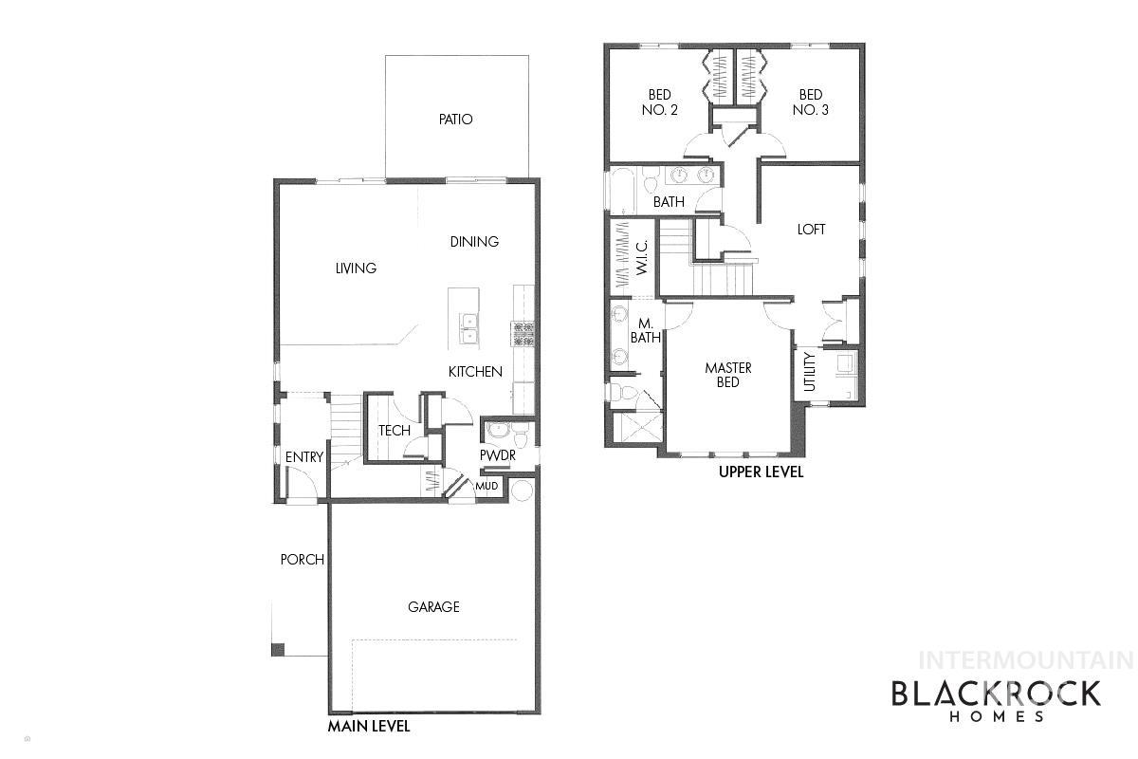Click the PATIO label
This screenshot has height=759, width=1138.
(x=455, y=120)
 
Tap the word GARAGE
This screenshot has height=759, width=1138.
(x=433, y=607)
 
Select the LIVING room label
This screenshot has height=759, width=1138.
(x=356, y=268)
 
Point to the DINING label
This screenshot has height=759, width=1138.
(x=474, y=242)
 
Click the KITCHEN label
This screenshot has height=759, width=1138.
(x=475, y=372)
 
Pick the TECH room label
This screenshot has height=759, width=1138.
(x=395, y=431)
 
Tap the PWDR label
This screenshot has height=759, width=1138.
(x=497, y=455)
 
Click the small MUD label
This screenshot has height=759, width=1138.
(x=486, y=487)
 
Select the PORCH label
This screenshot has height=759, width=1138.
(x=302, y=560)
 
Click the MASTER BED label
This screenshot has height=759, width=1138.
(x=728, y=375)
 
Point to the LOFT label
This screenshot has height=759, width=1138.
(x=811, y=230)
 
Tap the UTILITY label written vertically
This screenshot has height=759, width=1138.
(x=809, y=372)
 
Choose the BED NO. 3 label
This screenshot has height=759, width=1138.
(x=811, y=102)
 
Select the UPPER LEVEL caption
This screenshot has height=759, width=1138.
(x=761, y=472)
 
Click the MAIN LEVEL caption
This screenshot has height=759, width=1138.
(x=369, y=727)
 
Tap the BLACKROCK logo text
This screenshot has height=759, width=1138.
(x=996, y=694)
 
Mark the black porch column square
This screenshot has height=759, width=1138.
(x=278, y=650)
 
